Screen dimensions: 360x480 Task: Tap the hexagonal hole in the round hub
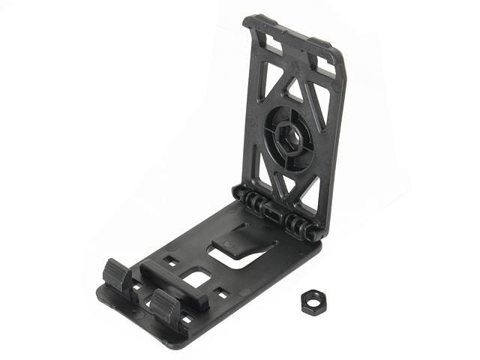pos(288,137)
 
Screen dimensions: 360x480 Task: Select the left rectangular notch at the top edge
pos(273,44)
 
